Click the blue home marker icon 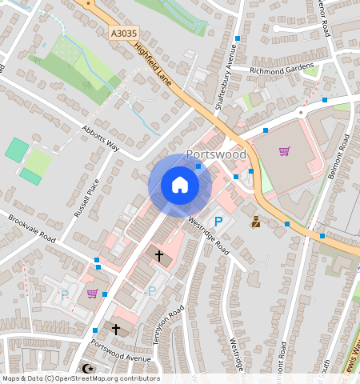180,185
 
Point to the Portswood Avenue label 120,352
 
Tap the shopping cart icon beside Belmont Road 284,151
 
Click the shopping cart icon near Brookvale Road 92,294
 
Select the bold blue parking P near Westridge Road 216,222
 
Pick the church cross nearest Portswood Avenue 115,329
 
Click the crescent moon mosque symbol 86,369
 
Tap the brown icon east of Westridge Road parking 255,222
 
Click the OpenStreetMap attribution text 81,378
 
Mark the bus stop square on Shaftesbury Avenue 238,38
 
